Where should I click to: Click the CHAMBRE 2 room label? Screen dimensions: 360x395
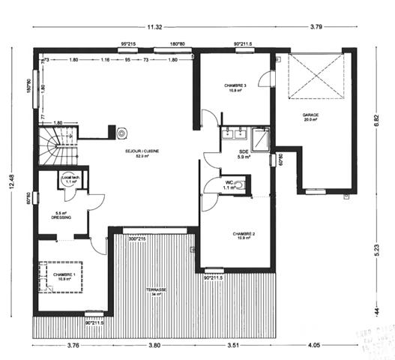(244, 235)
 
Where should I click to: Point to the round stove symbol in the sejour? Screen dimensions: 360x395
(121, 133)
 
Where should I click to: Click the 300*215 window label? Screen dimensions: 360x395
(136, 239)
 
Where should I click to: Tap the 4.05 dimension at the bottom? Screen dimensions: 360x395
(313, 346)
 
